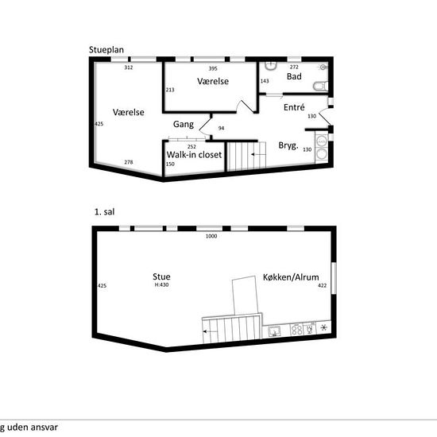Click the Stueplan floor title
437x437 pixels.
106,50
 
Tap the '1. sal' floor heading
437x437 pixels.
105,212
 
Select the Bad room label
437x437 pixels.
294,76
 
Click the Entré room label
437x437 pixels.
294,107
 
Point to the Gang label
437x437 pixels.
184,124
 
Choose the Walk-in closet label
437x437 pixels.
194,155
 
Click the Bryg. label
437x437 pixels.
288,145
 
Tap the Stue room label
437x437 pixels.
161,277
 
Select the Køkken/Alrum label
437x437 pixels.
291,277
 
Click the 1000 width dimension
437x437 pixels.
211,236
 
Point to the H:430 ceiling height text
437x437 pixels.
161,284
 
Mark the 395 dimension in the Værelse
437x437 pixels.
213,68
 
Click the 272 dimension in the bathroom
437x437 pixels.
294,67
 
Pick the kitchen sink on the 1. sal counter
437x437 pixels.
275,331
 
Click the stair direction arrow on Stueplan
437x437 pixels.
257,154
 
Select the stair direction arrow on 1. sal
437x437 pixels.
210,331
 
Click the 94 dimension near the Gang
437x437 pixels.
221,128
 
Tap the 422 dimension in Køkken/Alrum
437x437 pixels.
322,285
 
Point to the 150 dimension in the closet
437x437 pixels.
170,164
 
